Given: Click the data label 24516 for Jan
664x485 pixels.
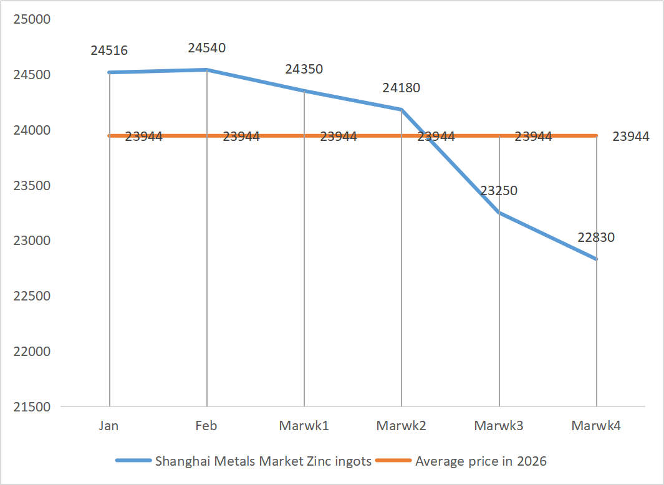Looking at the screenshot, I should pyautogui.click(x=109, y=50).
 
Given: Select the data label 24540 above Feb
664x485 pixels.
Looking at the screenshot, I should pyautogui.click(x=206, y=47).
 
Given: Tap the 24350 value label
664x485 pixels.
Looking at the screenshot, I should pyautogui.click(x=304, y=69).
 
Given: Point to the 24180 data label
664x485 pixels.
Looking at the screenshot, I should pyautogui.click(x=402, y=88).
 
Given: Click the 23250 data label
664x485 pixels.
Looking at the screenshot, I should pyautogui.click(x=499, y=191).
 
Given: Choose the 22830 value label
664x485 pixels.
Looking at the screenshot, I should pyautogui.click(x=596, y=237).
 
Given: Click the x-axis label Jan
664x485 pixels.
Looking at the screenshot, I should pyautogui.click(x=109, y=426).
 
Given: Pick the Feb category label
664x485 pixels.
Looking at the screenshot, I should pyautogui.click(x=206, y=426).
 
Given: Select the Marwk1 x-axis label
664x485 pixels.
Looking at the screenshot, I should pyautogui.click(x=304, y=426).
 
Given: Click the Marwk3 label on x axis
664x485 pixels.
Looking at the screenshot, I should pyautogui.click(x=499, y=426).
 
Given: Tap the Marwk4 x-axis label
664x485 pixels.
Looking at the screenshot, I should pyautogui.click(x=596, y=426).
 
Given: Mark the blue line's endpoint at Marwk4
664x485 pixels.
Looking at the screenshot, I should pyautogui.click(x=597, y=259).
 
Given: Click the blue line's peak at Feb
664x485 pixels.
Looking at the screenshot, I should pyautogui.click(x=207, y=70).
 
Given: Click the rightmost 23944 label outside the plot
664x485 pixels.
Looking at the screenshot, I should pyautogui.click(x=631, y=137).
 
